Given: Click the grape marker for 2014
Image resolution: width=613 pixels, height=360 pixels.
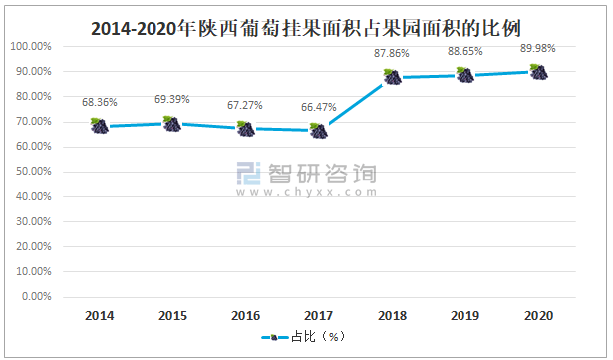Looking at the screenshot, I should [99, 126].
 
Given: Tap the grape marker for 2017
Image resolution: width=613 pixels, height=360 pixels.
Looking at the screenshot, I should [318, 130].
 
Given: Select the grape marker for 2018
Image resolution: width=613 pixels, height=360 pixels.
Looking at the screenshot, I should [392, 77].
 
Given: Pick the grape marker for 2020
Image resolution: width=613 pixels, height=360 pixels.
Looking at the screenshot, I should [538, 72].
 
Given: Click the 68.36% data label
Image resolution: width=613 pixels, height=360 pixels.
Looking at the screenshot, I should [99, 102].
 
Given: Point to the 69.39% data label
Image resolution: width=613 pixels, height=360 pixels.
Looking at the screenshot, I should [171, 100].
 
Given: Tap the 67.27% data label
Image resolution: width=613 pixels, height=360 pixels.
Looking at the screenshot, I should [245, 106].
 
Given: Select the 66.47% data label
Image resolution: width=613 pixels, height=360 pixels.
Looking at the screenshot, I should [318, 108].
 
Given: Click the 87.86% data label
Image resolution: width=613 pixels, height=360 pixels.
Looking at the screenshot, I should [392, 55].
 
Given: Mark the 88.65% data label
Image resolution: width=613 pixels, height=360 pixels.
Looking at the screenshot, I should [464, 52].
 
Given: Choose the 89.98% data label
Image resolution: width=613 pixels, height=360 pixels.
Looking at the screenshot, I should [538, 48].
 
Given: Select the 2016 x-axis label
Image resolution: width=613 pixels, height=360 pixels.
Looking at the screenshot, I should [245, 315].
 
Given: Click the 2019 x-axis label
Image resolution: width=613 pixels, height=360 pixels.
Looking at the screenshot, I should [464, 315].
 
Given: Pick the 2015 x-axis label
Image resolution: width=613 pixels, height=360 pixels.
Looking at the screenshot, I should [171, 315].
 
